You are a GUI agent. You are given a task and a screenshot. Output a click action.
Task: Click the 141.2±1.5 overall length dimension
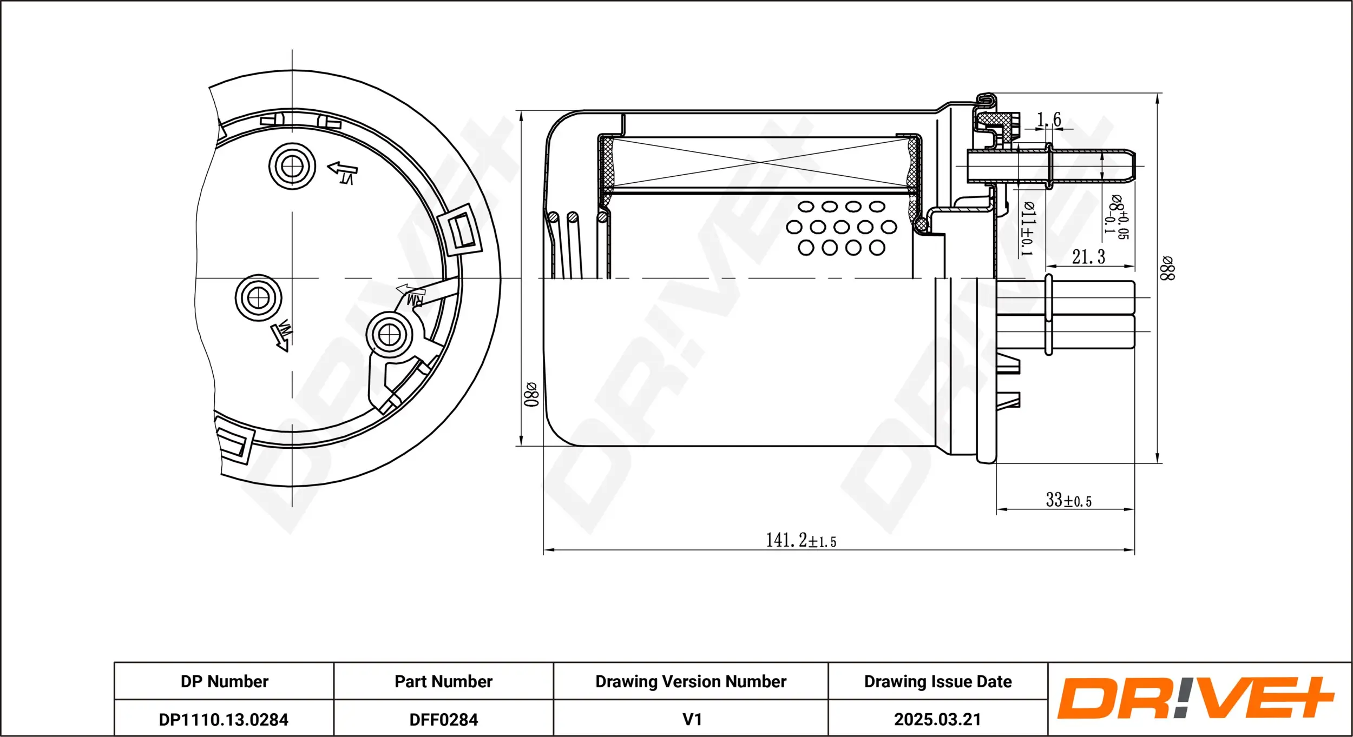coord(800,540)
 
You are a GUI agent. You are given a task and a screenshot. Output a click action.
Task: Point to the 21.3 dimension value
coord(1088,257)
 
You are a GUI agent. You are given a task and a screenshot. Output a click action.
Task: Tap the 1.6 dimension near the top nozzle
coord(1048,119)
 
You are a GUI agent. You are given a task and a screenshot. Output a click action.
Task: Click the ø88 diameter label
coord(1167,268)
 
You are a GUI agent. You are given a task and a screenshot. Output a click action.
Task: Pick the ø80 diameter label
coord(531,394)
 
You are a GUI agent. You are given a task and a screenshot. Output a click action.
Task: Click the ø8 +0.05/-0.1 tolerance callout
coord(1117,217)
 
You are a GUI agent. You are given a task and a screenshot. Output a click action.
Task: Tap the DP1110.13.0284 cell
coord(224,720)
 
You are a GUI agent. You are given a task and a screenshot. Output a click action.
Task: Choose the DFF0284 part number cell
coord(443,720)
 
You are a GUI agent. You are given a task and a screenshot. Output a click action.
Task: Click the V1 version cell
coord(692,720)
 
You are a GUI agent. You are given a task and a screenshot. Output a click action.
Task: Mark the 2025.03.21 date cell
coord(937,720)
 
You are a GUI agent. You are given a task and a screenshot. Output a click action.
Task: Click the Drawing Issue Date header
coord(937,681)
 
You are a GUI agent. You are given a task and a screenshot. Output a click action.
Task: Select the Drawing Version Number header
coord(691,681)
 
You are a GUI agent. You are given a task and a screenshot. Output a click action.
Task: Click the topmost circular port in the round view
coord(292,166)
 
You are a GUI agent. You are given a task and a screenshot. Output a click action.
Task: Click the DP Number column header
coord(224,681)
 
